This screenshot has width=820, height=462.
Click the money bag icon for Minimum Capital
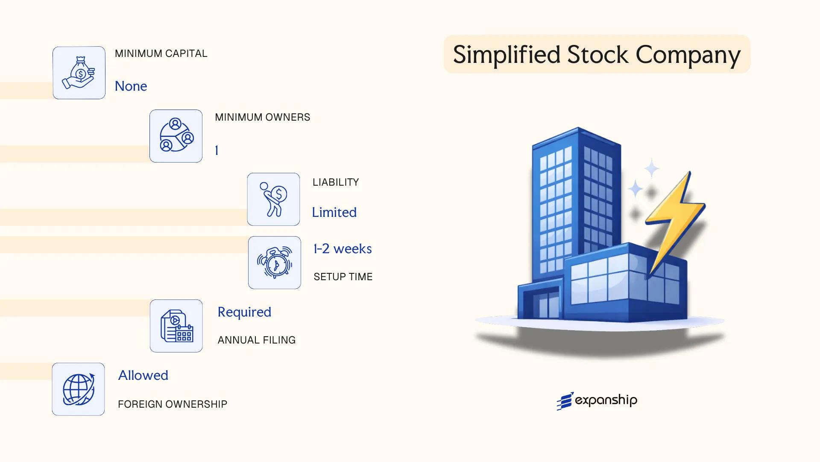79,73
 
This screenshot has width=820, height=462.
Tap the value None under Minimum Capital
131,86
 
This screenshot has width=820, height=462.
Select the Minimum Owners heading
262,117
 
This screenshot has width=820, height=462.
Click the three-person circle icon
176,136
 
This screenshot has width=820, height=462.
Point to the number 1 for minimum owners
217,151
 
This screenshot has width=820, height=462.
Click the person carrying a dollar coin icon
273,199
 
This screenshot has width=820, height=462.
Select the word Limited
334,213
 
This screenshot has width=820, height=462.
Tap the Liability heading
336,182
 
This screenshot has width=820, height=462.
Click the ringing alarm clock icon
275,263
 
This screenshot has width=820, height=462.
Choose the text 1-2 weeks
343,249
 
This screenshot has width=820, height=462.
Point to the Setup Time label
343,277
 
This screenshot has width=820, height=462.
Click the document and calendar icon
176,326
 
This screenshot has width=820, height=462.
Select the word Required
244,312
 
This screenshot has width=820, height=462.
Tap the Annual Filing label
256,340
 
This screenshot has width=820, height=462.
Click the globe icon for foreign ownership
79,389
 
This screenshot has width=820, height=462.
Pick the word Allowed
143,376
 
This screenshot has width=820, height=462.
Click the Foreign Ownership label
173,404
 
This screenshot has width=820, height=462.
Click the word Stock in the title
597,55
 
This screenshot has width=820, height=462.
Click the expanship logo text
606,400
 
